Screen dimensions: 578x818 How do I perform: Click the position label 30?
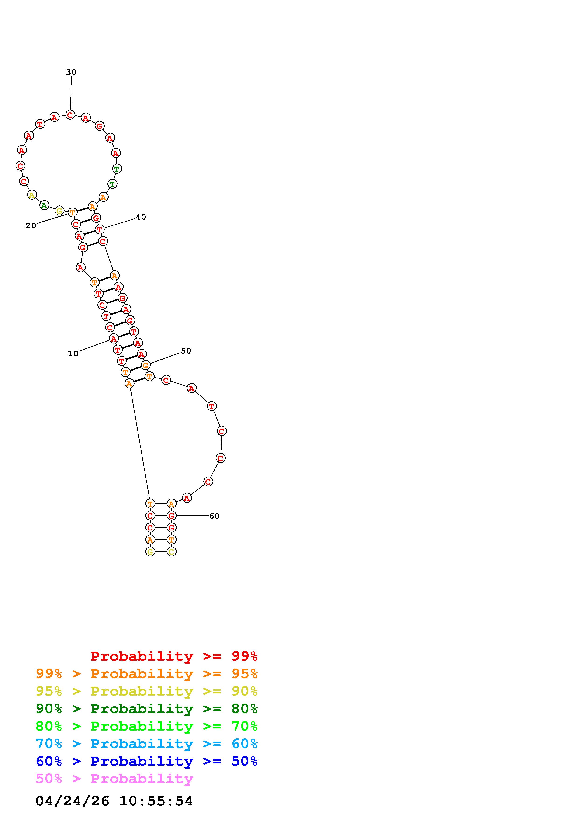pos(71,72)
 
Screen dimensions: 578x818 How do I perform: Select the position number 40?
pos(141,217)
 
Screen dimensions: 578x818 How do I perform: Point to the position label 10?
pos(73,354)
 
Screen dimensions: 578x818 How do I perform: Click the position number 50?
pos(186,351)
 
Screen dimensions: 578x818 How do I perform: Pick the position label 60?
pos(214,516)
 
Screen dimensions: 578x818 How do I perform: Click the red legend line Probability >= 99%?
pos(174,656)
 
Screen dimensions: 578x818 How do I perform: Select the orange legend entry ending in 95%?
pos(147,674)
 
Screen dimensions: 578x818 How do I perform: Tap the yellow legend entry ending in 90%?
pos(147,691)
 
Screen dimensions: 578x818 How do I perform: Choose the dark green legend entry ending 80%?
pos(147,709)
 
